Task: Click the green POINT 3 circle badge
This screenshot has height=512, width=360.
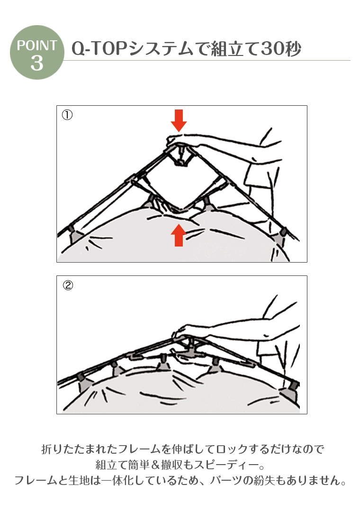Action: point(37,52)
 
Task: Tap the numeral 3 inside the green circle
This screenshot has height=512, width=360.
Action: point(37,63)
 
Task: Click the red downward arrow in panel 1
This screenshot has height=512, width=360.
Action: point(179,120)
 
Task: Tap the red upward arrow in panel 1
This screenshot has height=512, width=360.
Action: point(179,235)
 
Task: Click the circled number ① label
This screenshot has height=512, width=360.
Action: point(67,115)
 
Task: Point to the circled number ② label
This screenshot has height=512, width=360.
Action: point(68,285)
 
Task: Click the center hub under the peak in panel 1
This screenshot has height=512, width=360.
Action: point(179,157)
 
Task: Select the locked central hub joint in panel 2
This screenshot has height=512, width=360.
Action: point(189,349)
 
